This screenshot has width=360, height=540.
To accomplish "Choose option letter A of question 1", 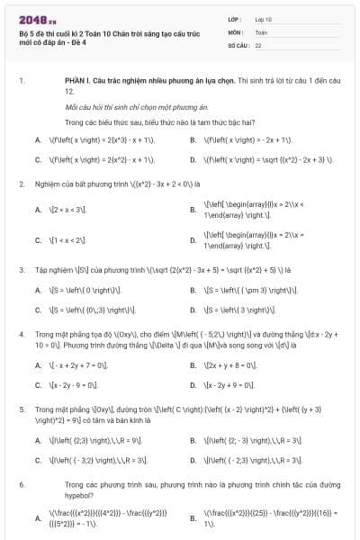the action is [x=38, y=140].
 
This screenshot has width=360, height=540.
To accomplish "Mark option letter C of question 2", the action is [x=38, y=240].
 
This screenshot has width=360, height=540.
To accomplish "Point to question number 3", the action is [x=20, y=269].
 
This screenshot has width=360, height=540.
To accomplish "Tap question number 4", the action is [x=20, y=333].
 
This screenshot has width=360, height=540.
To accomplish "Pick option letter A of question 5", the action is [x=38, y=441].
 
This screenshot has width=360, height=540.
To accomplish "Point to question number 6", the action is [x=20, y=484].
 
